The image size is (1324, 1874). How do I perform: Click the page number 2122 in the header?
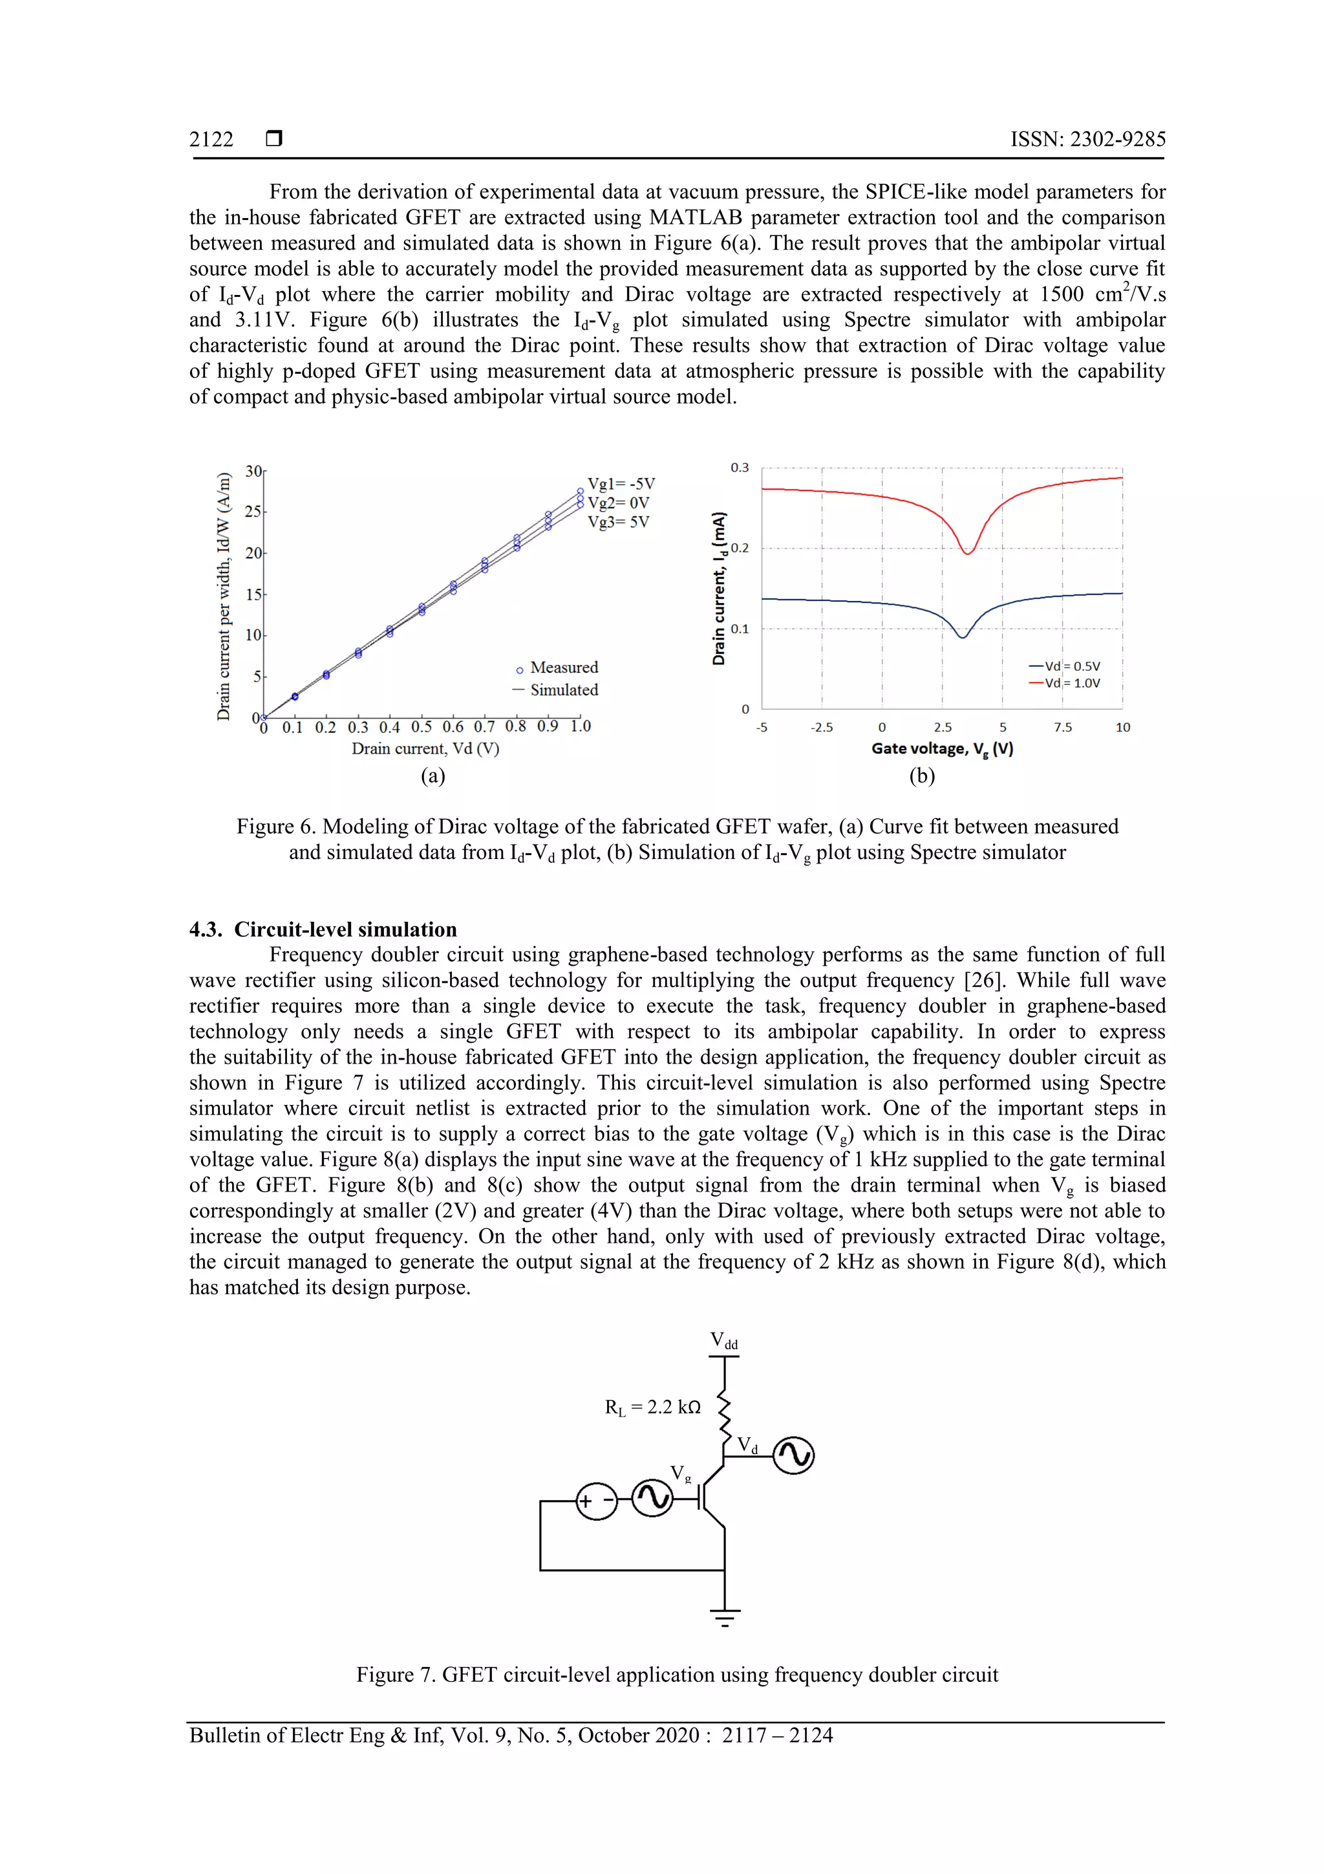pyautogui.click(x=211, y=140)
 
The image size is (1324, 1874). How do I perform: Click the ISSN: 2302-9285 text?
pyautogui.click(x=1087, y=140)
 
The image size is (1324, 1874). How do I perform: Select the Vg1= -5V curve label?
pyautogui.click(x=621, y=484)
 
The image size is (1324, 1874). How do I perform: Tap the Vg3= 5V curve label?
pyautogui.click(x=618, y=523)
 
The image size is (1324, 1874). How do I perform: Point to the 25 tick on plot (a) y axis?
pyautogui.click(x=253, y=512)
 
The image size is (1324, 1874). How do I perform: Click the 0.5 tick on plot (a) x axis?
pyautogui.click(x=421, y=726)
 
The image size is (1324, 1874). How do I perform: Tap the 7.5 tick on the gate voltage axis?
pyautogui.click(x=1062, y=727)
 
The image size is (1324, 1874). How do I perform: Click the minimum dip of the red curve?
pyautogui.click(x=968, y=553)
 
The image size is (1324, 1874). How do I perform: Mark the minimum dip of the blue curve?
pyautogui.click(x=963, y=637)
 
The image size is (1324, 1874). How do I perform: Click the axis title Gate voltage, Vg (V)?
pyautogui.click(x=941, y=749)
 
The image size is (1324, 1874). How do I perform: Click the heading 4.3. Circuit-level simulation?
pyautogui.click(x=323, y=930)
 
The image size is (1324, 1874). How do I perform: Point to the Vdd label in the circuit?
pyautogui.click(x=723, y=1340)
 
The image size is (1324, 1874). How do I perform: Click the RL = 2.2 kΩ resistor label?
pyautogui.click(x=652, y=1407)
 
